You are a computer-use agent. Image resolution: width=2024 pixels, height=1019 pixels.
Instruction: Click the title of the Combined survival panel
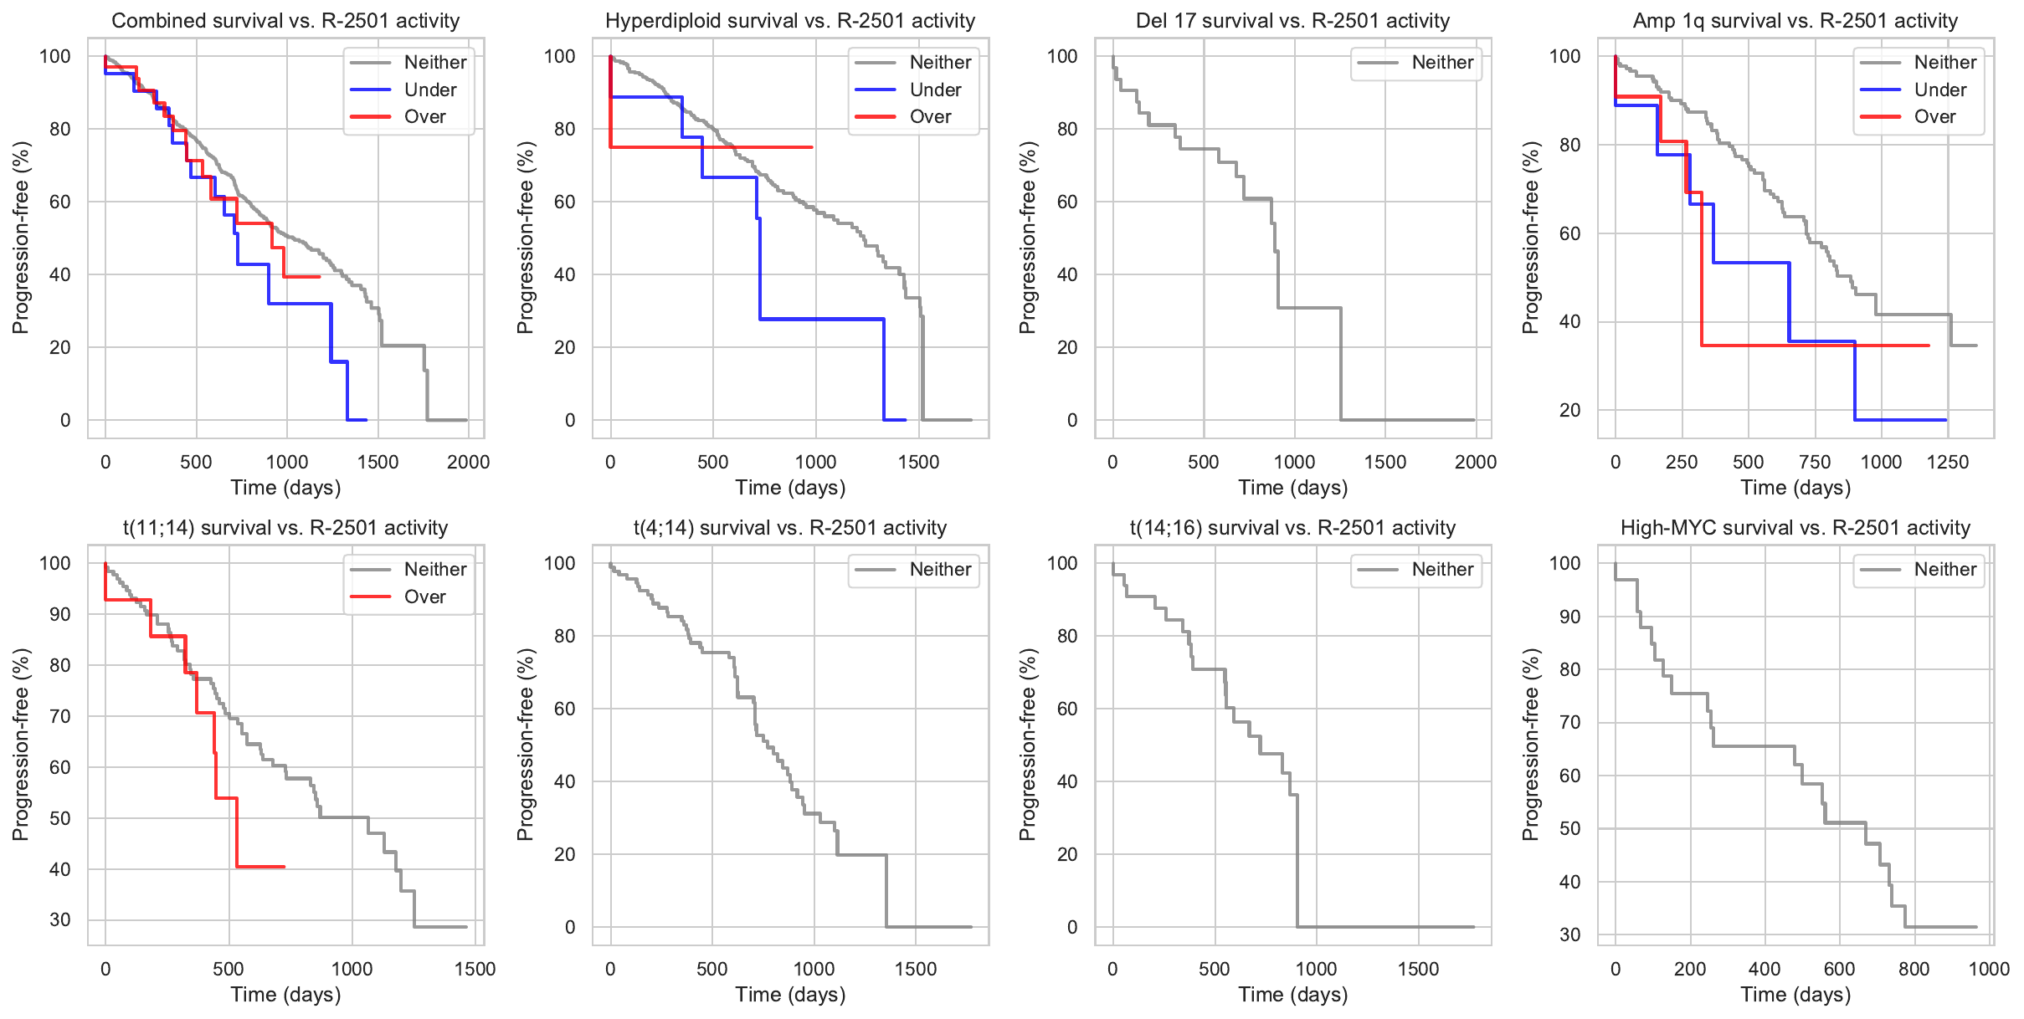pyautogui.click(x=285, y=21)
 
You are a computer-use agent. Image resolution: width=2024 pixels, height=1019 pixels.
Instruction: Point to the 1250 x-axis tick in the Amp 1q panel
pyautogui.click(x=1948, y=462)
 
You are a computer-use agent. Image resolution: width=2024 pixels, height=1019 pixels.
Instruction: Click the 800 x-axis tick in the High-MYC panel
pyautogui.click(x=1914, y=969)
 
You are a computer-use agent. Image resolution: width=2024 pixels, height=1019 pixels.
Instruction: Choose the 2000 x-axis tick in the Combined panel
pyautogui.click(x=468, y=462)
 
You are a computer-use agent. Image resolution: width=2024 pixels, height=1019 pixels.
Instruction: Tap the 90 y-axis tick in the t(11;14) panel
pyautogui.click(x=60, y=614)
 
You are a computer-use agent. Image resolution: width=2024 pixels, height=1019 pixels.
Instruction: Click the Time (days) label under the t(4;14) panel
pyautogui.click(x=790, y=995)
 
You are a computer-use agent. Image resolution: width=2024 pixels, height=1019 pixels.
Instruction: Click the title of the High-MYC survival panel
pyautogui.click(x=1795, y=528)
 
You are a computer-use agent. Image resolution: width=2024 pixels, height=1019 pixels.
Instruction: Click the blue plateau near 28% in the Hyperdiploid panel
pyautogui.click(x=820, y=319)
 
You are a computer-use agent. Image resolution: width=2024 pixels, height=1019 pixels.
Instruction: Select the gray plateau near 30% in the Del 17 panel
pyautogui.click(x=1309, y=308)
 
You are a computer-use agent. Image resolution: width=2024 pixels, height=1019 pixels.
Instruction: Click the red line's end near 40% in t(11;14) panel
pyautogui.click(x=283, y=867)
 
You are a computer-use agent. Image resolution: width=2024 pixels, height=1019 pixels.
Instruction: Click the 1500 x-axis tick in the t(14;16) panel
pyautogui.click(x=1418, y=969)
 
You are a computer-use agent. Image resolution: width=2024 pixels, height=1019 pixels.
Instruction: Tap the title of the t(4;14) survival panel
pyautogui.click(x=790, y=528)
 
